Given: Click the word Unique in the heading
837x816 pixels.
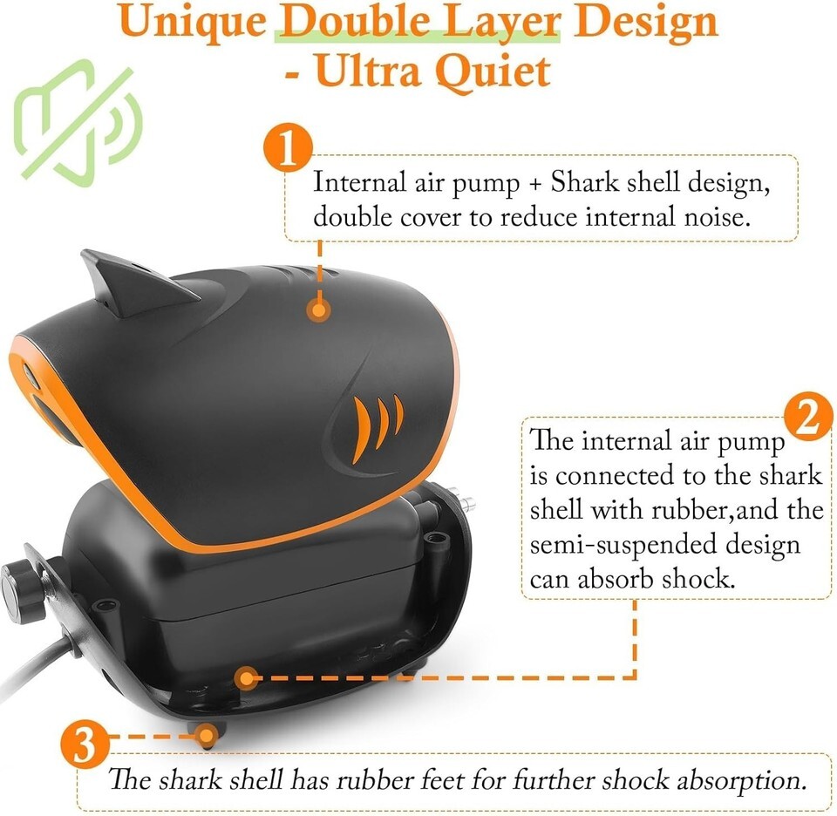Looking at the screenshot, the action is point(193,24).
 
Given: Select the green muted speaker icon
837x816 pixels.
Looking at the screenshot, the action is point(78,123).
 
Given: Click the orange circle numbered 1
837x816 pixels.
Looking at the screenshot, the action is point(288,148).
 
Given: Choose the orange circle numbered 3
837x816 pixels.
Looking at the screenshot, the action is point(85,744).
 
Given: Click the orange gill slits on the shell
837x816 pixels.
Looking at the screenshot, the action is point(378,426).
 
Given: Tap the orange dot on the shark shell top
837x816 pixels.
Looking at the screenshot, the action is point(319,310).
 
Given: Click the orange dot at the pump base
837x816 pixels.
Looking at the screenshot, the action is point(246,678).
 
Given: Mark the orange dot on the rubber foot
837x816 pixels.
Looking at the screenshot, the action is point(206,736).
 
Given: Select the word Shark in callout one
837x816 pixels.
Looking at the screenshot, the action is point(584,182).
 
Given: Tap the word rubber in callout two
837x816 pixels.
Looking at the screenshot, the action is point(689,510).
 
